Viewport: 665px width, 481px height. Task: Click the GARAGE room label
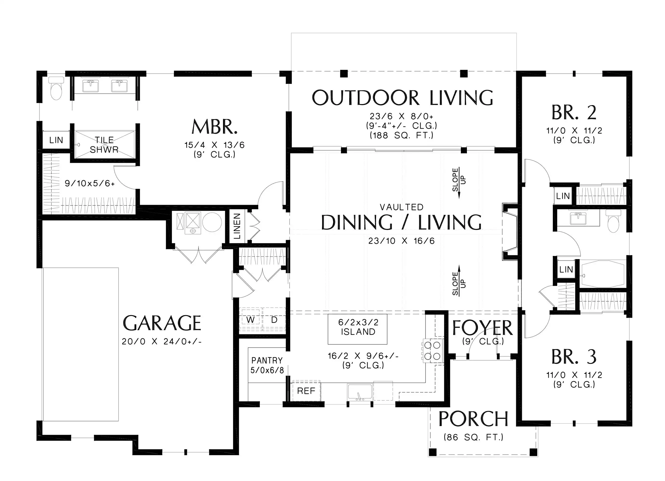pyautogui.click(x=162, y=323)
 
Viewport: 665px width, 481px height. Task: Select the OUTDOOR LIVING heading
pyautogui.click(x=402, y=98)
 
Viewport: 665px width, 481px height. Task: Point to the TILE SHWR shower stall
pyautogui.click(x=105, y=145)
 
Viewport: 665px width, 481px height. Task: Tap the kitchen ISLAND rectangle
pyautogui.click(x=357, y=329)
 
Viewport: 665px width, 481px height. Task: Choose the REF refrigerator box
pyautogui.click(x=306, y=391)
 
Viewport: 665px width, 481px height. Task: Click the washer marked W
pyautogui.click(x=250, y=320)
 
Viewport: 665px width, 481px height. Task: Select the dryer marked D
pyautogui.click(x=274, y=320)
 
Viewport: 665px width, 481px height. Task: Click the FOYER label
pyautogui.click(x=482, y=328)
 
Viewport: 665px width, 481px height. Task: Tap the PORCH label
pyautogui.click(x=473, y=419)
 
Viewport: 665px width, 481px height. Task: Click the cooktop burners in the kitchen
pyautogui.click(x=432, y=351)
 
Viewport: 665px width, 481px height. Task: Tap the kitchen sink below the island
pyautogui.click(x=360, y=392)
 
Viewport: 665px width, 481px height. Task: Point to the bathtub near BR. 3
pyautogui.click(x=603, y=274)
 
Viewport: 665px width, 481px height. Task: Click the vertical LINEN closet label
pyautogui.click(x=237, y=226)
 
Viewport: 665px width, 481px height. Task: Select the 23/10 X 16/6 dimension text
pyautogui.click(x=401, y=241)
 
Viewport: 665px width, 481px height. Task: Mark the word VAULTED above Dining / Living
pyautogui.click(x=401, y=207)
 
